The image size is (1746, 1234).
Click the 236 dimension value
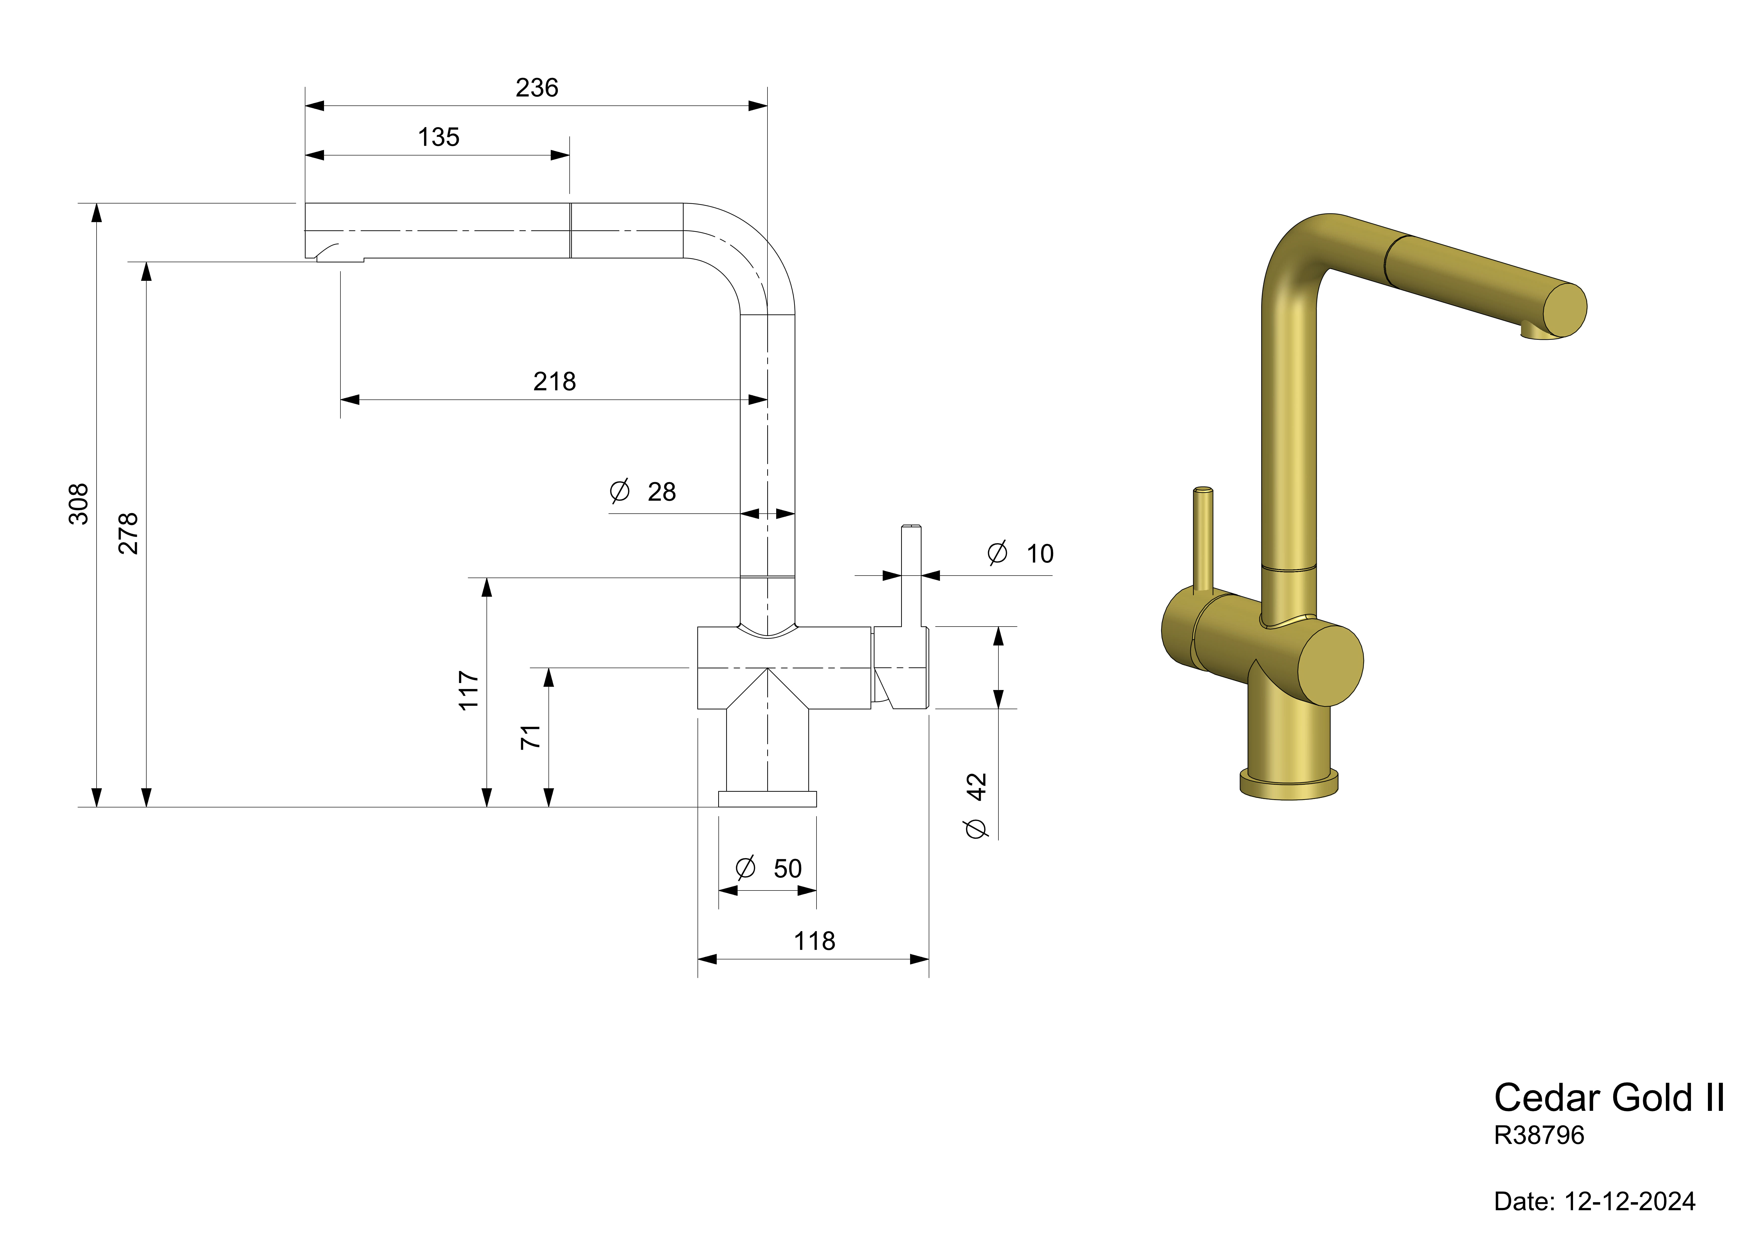(537, 88)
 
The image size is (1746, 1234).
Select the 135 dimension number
(439, 137)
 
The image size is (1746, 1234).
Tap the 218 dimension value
(554, 381)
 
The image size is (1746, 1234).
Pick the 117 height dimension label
(468, 690)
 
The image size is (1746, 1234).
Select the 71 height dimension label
(531, 737)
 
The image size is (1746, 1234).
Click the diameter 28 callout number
(662, 492)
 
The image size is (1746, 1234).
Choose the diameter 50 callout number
(788, 868)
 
